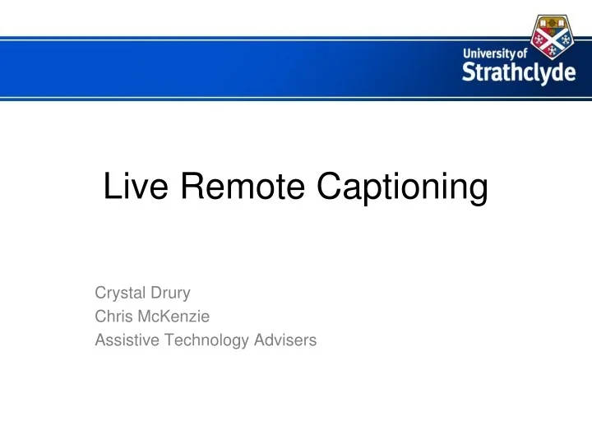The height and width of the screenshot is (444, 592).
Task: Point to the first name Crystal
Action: click(118, 291)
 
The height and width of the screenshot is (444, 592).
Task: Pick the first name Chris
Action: click(113, 315)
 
